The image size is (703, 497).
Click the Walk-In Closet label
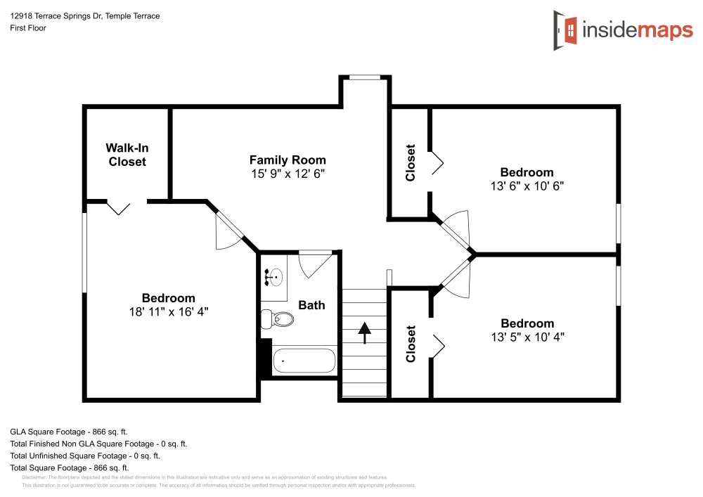click(127, 155)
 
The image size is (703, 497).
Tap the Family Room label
click(288, 160)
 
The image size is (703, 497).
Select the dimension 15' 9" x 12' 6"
click(288, 173)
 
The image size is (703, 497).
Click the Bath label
click(311, 304)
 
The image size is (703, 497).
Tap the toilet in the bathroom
click(277, 318)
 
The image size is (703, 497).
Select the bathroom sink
click(276, 276)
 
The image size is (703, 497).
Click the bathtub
click(304, 361)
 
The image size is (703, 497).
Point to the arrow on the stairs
click(364, 332)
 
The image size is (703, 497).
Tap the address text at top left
click(84, 16)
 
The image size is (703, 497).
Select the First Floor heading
click(28, 28)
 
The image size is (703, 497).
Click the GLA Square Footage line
click(68, 432)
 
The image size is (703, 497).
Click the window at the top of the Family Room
click(365, 77)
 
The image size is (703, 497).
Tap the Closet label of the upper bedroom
click(411, 163)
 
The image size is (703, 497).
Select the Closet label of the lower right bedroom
click(411, 344)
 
